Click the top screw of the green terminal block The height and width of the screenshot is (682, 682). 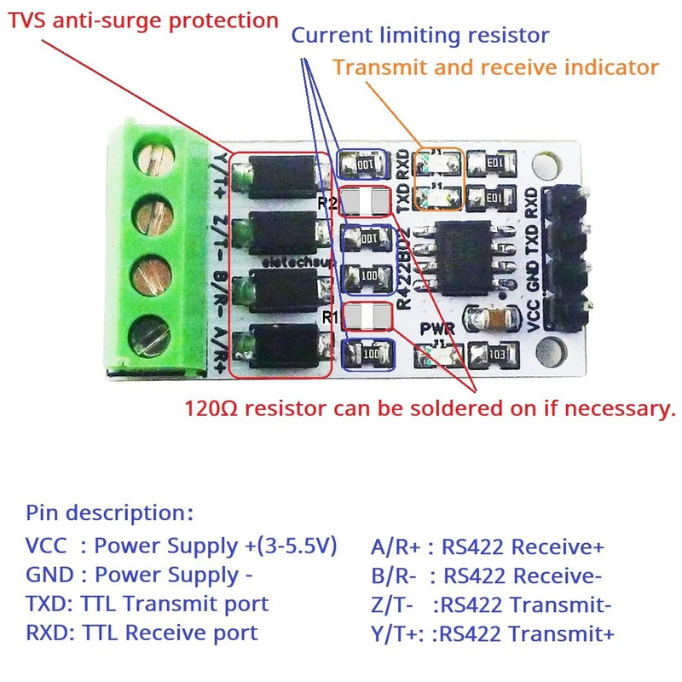(x=158, y=162)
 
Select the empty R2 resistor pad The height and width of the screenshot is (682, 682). (x=367, y=202)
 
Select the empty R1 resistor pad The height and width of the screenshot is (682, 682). (x=367, y=317)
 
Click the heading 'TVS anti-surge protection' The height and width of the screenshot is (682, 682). (x=143, y=20)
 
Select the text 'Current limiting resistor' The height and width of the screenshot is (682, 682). (x=420, y=36)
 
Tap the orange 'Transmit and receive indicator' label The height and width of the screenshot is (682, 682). (x=495, y=66)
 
